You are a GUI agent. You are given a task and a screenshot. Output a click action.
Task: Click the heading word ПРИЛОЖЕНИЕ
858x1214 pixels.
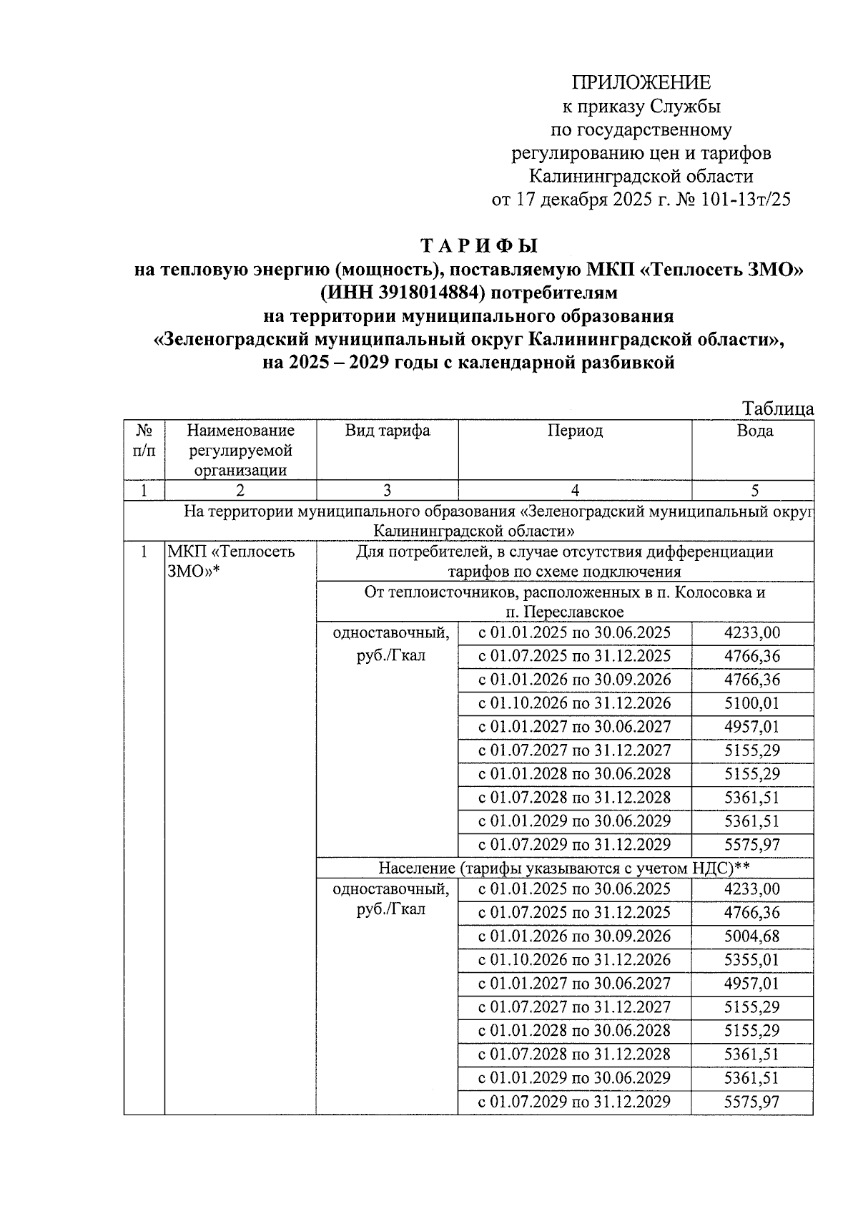[x=641, y=82]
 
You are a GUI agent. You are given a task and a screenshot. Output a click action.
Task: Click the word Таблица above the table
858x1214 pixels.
[x=777, y=408]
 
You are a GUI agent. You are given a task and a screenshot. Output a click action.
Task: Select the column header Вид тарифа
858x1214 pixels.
[x=387, y=431]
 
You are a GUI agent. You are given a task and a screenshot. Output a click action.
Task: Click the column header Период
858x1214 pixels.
[x=575, y=431]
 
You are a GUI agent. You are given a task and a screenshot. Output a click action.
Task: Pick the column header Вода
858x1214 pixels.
[x=754, y=431]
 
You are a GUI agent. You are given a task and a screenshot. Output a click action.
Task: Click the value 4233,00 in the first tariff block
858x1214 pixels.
[x=751, y=632]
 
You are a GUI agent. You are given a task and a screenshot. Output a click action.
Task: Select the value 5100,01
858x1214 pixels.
[x=751, y=703]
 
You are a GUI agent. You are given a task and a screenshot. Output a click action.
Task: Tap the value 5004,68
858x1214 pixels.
[x=751, y=936]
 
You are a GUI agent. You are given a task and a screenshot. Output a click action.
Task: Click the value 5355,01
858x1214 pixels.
[x=751, y=960]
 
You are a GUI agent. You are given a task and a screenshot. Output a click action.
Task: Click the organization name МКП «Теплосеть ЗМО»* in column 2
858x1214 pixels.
[x=230, y=562]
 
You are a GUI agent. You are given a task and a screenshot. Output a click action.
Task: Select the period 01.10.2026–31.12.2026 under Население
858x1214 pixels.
[x=574, y=960]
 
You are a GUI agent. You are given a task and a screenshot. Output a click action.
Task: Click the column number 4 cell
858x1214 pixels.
[x=575, y=490]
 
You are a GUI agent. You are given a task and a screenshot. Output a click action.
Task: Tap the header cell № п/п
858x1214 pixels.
[x=144, y=441]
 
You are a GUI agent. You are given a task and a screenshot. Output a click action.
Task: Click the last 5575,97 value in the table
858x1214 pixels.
[x=751, y=1102]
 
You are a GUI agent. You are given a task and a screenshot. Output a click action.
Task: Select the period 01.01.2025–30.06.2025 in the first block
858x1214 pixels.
[x=574, y=632]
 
